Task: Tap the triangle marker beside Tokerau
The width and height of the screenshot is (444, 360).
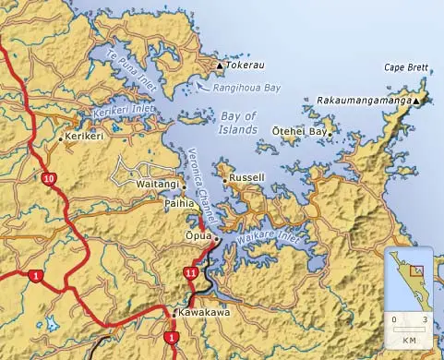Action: tap(220, 66)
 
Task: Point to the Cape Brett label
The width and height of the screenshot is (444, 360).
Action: tap(406, 67)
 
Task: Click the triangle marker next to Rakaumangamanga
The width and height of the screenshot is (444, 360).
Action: tap(417, 100)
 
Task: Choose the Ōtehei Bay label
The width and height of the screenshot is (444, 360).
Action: tap(299, 132)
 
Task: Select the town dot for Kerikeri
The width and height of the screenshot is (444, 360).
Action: tap(62, 139)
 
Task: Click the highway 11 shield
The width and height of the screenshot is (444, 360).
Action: tap(191, 272)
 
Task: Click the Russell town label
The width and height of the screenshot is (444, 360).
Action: tap(247, 176)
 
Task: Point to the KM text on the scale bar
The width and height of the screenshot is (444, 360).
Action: tap(409, 341)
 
